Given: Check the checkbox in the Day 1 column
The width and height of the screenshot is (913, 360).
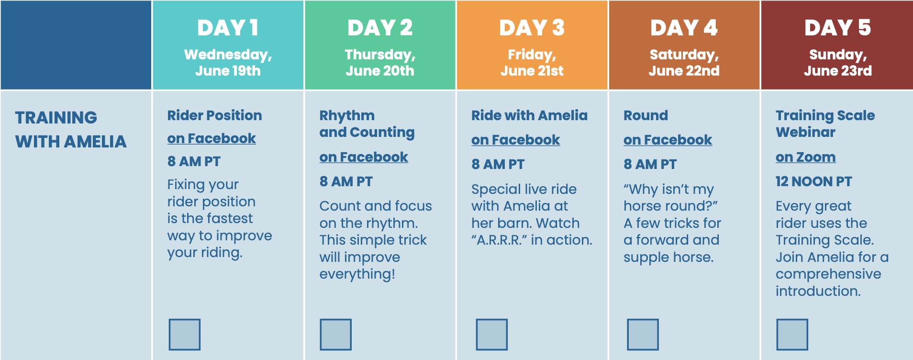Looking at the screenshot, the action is (x=184, y=335).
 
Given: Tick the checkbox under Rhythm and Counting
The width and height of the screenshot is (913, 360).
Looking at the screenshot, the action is (x=335, y=335).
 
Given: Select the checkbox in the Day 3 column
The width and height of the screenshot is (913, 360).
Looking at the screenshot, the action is (x=491, y=335).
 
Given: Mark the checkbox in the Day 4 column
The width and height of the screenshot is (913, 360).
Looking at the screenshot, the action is (x=643, y=335).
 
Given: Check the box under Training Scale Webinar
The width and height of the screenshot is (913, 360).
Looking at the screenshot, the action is (x=792, y=335).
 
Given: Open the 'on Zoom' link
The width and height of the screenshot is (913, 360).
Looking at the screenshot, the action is (x=806, y=157).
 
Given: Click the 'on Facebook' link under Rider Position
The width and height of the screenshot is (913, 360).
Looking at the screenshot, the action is (x=212, y=138).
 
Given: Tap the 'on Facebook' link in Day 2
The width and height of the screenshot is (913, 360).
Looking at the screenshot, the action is (x=364, y=157).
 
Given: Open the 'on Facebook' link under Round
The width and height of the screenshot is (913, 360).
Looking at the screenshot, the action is (x=668, y=140).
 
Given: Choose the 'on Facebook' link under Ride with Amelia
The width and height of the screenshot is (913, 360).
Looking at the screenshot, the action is (x=515, y=140).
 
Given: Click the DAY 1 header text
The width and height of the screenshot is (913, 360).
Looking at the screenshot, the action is (x=228, y=28).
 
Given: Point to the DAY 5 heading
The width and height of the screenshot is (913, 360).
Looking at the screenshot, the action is (x=837, y=28).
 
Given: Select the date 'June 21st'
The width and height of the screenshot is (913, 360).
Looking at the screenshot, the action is (x=532, y=71).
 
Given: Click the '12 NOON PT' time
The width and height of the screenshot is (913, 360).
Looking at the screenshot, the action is (x=813, y=181).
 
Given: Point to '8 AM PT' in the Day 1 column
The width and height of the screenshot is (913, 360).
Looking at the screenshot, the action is (x=194, y=161).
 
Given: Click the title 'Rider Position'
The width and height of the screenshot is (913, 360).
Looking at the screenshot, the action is (x=214, y=115).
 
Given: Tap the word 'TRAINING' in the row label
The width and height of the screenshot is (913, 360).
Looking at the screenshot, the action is (x=56, y=118).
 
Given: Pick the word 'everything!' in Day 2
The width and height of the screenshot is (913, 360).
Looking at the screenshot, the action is (x=357, y=274).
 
